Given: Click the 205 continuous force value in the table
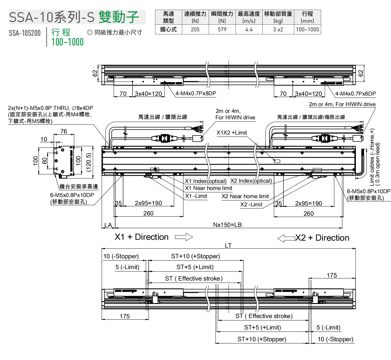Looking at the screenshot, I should point(195,30).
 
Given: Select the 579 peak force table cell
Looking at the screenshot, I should point(222,30).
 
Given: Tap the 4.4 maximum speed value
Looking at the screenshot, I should point(249,30).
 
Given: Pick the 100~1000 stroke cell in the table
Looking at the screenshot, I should point(307,30).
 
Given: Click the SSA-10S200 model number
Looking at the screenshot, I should point(25,33).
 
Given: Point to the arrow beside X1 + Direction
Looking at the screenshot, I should point(184,237).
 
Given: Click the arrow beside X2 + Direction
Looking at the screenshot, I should point(286,238).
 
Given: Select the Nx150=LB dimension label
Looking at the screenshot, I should point(227,225).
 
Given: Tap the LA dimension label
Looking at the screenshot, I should point(108,225).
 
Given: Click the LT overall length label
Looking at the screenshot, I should point(228,246).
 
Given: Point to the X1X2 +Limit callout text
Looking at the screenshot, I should point(232,133).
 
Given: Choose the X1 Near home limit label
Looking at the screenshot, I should point(208,188).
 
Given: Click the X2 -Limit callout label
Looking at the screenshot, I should point(251,205).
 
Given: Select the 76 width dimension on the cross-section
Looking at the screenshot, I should point(64,131).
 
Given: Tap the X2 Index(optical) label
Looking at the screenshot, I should point(251,181).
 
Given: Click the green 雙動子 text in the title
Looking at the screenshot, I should point(119,17).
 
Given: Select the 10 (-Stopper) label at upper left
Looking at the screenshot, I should point(121,256).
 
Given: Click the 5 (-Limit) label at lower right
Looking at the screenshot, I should point(328,327).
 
